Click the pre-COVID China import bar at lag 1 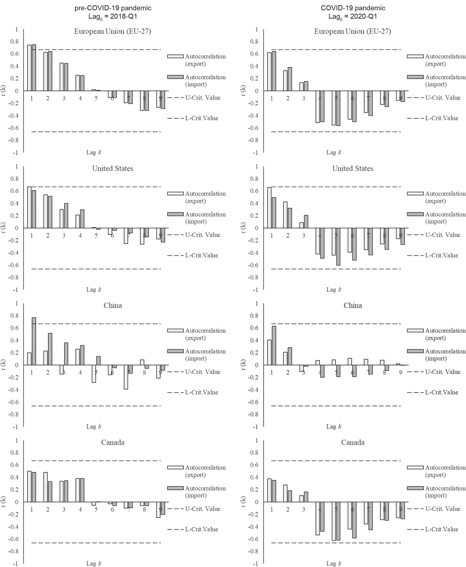click(34, 341)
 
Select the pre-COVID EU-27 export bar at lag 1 click(29, 68)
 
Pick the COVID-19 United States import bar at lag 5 click(338, 247)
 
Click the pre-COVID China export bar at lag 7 click(126, 377)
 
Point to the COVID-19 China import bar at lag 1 click(274, 345)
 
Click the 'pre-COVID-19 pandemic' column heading click(113, 8)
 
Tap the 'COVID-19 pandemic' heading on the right click(353, 8)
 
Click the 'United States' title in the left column click(113, 169)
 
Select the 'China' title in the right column click(353, 305)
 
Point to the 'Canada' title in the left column click(113, 442)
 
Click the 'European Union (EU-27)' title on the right click(352, 31)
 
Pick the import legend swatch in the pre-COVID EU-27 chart click(175, 77)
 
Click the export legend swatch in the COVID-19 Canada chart click(415, 468)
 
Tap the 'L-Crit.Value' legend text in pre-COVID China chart click(201, 392)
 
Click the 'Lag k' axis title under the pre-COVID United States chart click(94, 289)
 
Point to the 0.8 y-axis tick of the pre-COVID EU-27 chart click(15, 42)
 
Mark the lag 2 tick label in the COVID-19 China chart click(288, 372)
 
